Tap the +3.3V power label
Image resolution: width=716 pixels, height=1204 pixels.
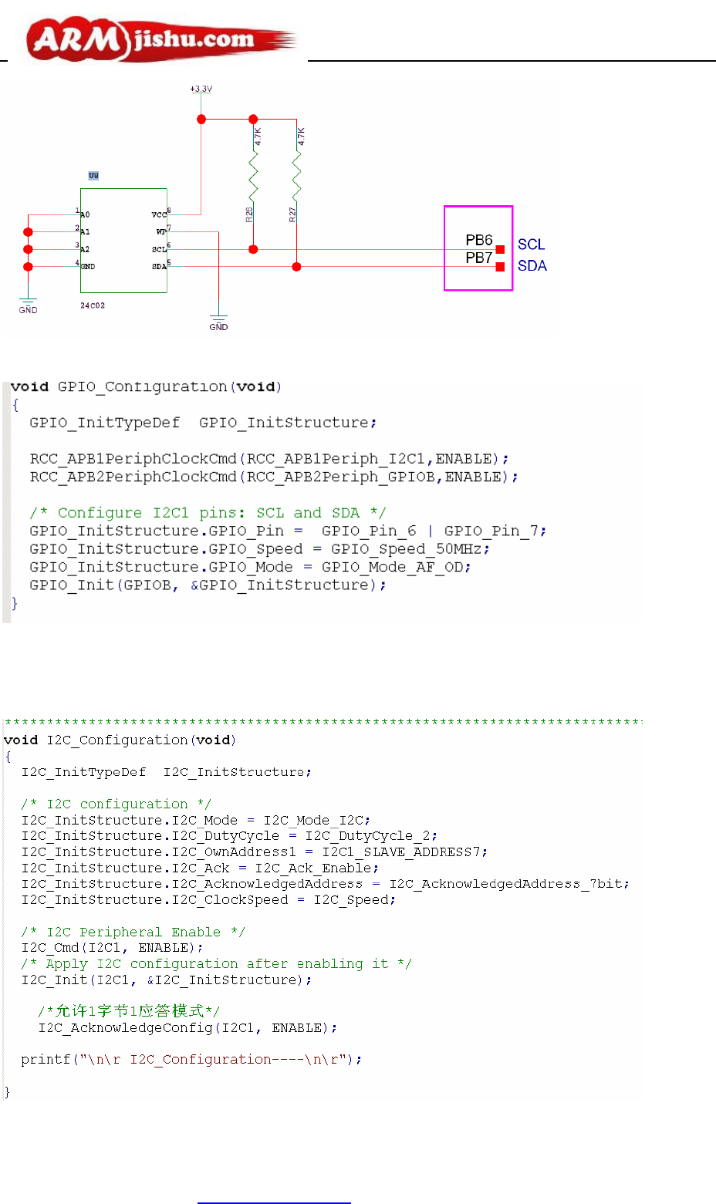point(201,89)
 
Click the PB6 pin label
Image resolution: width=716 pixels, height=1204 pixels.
point(478,241)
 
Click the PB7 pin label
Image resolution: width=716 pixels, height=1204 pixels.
point(478,258)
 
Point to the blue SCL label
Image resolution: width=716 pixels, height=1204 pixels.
point(531,245)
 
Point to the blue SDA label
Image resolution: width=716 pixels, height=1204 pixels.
point(532,266)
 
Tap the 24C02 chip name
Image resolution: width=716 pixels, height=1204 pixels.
point(93,306)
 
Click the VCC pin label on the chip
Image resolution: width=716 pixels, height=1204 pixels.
point(159,214)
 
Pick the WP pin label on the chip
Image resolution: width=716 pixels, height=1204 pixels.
point(160,231)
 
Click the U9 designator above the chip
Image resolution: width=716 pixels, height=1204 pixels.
point(93,176)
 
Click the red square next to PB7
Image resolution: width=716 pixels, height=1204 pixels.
point(500,267)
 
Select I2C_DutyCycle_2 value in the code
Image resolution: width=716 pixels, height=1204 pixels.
point(370,836)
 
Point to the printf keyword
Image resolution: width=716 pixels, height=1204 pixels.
point(46,1060)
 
